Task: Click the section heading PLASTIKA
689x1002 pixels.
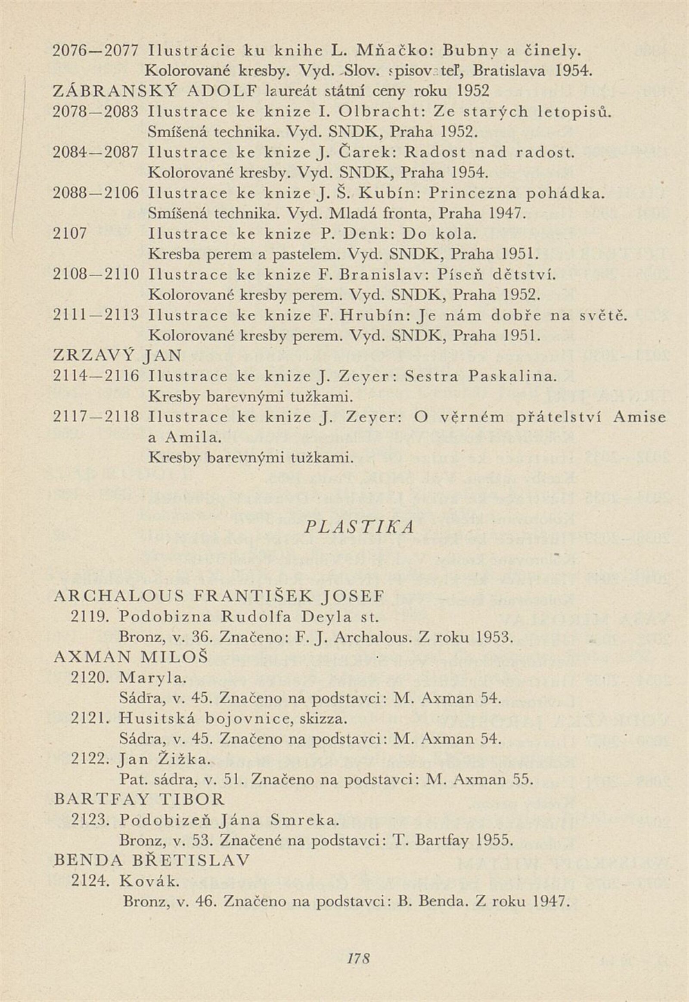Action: pyautogui.click(x=359, y=527)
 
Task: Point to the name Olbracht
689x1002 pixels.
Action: pyautogui.click(x=379, y=112)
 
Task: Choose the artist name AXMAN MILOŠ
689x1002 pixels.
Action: pyautogui.click(x=131, y=657)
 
